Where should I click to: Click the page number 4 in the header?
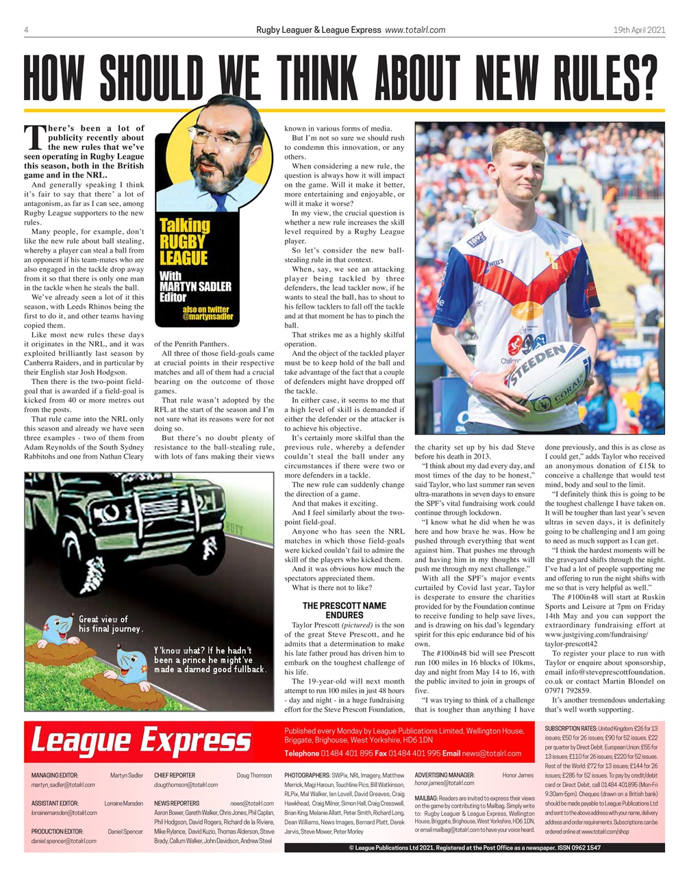coord(26,29)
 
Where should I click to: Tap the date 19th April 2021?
coord(639,29)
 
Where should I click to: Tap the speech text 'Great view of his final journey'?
coord(110,623)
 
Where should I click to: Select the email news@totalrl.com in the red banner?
coord(492,753)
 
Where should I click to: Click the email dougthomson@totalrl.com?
coord(186,784)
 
